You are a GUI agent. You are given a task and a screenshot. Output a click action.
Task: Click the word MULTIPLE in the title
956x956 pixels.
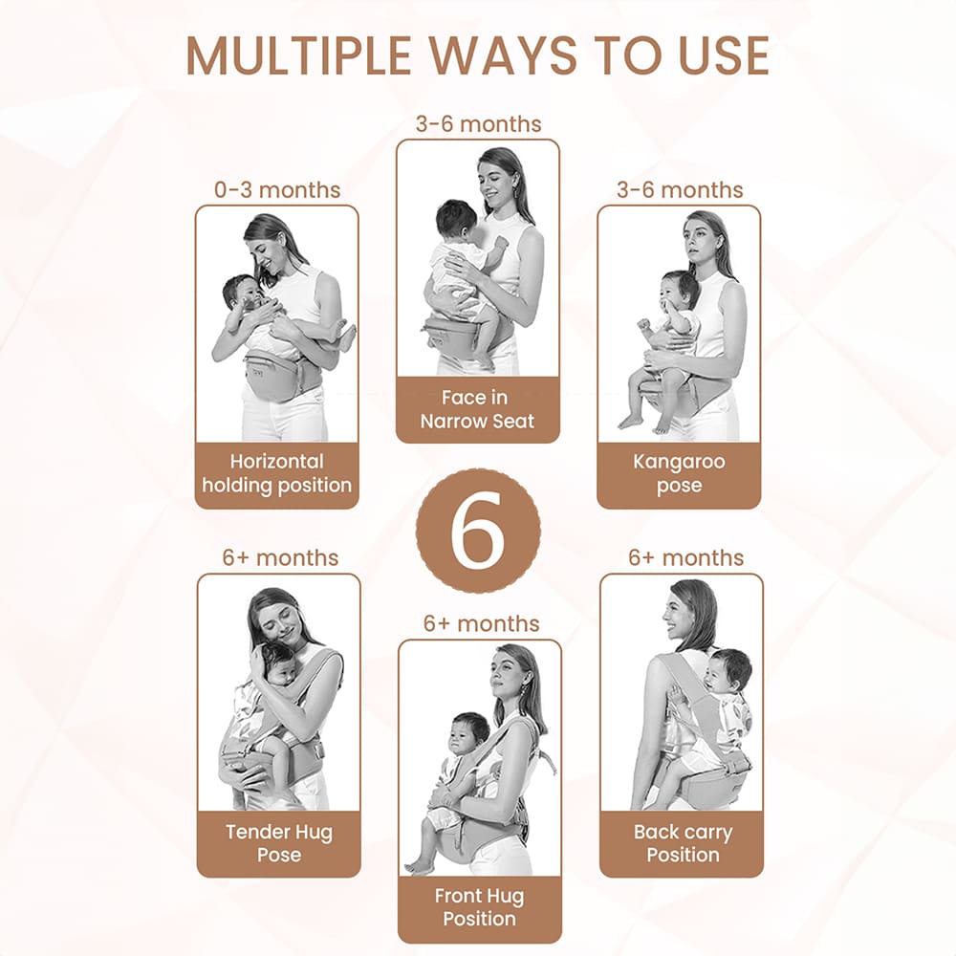[298, 56]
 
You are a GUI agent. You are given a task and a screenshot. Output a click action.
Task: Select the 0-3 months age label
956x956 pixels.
[277, 189]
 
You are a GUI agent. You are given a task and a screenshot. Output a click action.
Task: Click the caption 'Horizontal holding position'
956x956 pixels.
[277, 473]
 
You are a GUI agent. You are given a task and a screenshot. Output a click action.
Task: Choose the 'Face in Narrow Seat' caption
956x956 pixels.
[477, 409]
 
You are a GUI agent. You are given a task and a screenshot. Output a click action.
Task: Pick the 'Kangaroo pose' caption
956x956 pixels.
[679, 473]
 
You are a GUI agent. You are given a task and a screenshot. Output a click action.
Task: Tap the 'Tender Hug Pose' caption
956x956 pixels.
[278, 843]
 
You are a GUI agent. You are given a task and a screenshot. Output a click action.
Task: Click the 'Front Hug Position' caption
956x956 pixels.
[479, 907]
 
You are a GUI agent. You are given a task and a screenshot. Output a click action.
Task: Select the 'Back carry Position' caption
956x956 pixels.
[683, 843]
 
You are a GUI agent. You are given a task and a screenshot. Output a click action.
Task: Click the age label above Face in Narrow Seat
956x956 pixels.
[478, 123]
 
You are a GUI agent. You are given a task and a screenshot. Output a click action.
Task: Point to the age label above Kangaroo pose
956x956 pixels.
[679, 189]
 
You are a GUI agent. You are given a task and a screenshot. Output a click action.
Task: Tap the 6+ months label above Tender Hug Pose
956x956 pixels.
[280, 557]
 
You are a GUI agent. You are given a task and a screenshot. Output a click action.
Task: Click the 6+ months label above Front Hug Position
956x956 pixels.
[481, 623]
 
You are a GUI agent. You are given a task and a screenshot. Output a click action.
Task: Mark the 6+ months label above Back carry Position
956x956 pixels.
[685, 557]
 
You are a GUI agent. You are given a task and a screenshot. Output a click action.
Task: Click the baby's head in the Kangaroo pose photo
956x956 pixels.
[679, 292]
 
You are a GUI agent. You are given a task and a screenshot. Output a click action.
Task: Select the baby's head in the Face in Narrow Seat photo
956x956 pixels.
[457, 222]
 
